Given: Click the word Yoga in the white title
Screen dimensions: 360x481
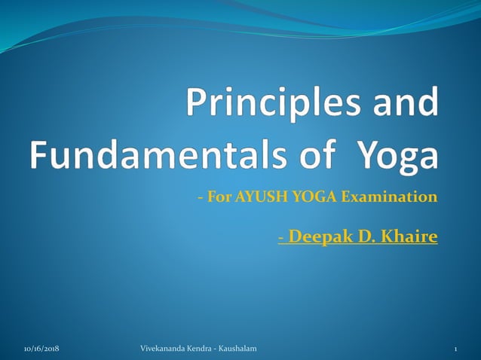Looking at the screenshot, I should pyautogui.click(x=396, y=155).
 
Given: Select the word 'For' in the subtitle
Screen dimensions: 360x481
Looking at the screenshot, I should pyautogui.click(x=219, y=198).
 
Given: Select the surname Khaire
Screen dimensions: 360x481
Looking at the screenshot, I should pyautogui.click(x=408, y=237).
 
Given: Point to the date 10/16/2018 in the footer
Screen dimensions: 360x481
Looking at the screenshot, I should pyautogui.click(x=41, y=348).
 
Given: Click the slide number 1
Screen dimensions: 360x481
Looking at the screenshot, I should pyautogui.click(x=456, y=348).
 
